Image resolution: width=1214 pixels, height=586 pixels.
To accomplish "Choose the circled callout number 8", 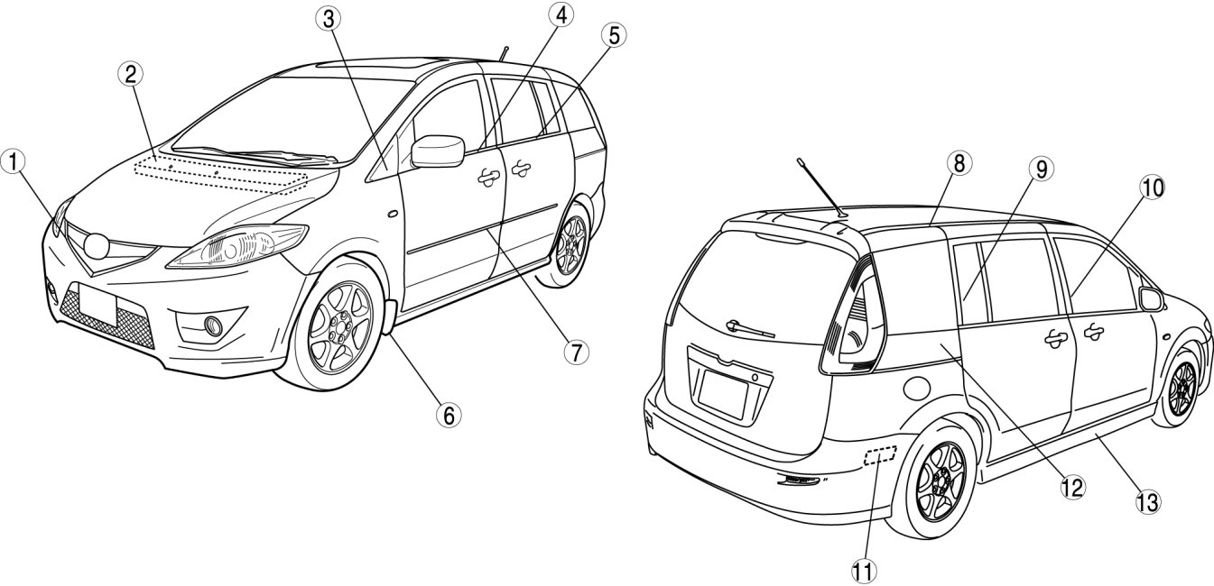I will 957,163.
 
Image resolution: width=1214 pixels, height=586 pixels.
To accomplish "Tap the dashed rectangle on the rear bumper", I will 879,456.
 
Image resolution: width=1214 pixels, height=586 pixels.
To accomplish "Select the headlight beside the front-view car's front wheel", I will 236,248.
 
